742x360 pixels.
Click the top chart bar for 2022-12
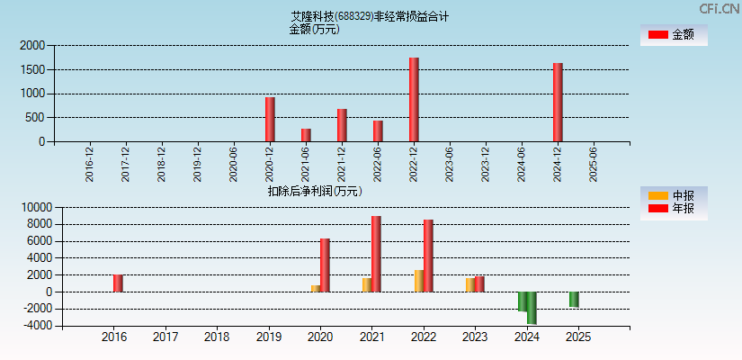pyautogui.click(x=414, y=100)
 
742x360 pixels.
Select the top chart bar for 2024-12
pyautogui.click(x=558, y=103)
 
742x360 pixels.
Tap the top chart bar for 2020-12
pyautogui.click(x=270, y=119)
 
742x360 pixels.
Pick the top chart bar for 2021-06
pyautogui.click(x=306, y=135)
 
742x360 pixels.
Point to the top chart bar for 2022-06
pyautogui.click(x=378, y=130)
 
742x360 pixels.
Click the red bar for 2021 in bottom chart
pyautogui.click(x=376, y=254)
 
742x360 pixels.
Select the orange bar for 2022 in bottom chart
pyautogui.click(x=419, y=281)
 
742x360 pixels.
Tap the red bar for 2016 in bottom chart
pyautogui.click(x=118, y=283)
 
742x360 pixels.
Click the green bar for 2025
pyautogui.click(x=574, y=300)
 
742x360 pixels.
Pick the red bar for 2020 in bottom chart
pyautogui.click(x=325, y=265)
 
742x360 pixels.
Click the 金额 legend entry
pyautogui.click(x=675, y=34)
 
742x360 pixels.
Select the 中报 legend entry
pyautogui.click(x=675, y=195)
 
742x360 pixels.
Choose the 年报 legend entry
pyautogui.click(x=675, y=209)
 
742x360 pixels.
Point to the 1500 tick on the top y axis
pyautogui.click(x=32, y=69)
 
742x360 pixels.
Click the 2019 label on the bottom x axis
pyautogui.click(x=268, y=337)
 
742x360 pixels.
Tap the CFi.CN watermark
pyautogui.click(x=720, y=9)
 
